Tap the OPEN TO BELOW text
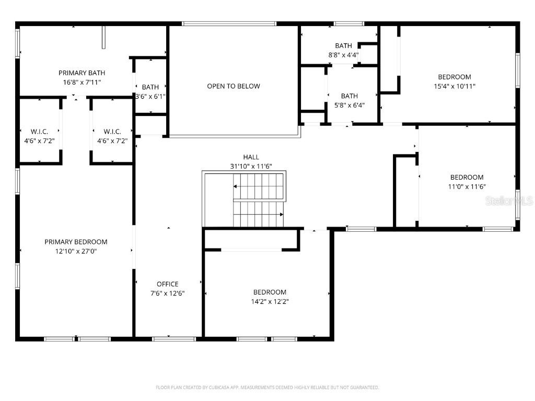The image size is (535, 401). tap(233, 86)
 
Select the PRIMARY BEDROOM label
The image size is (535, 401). tap(76, 242)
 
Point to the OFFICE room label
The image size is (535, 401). tap(167, 284)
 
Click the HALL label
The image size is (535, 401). tap(251, 157)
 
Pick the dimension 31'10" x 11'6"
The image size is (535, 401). tap(251, 166)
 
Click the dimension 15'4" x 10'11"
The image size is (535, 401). tap(454, 86)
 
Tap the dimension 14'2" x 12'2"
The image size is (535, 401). tap(270, 301)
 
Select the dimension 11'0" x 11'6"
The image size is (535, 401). tap(467, 186)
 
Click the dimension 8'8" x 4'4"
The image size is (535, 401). tap(343, 55)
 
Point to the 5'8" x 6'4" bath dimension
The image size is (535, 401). tap(349, 105)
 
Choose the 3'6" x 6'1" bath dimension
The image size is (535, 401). tap(150, 96)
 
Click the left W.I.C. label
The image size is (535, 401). tap(40, 132)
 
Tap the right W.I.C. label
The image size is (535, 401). tap(112, 132)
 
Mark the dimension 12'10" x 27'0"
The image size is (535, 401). tap(76, 251)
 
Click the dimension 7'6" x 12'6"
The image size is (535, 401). tap(167, 293)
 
